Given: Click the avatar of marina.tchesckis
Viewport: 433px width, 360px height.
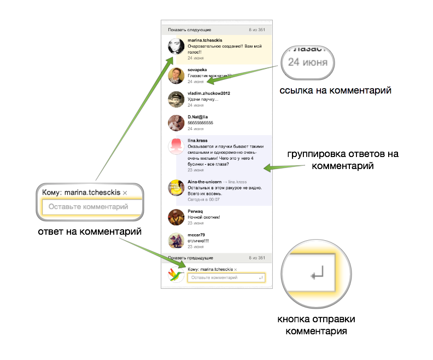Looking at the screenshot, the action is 175,47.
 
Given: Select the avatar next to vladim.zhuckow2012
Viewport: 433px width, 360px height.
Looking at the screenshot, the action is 175,98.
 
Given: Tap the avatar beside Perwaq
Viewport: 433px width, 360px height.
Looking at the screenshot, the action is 175,217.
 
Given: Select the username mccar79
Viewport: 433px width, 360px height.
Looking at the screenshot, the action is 196,235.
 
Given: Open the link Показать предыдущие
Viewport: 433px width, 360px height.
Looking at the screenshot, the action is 190,258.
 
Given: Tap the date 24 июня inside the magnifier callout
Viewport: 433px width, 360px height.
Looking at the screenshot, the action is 308,62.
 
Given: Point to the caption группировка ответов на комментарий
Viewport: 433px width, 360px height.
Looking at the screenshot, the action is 343,159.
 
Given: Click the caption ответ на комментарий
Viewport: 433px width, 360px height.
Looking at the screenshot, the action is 90,232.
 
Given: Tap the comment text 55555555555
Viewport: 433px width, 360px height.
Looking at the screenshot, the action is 200,123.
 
